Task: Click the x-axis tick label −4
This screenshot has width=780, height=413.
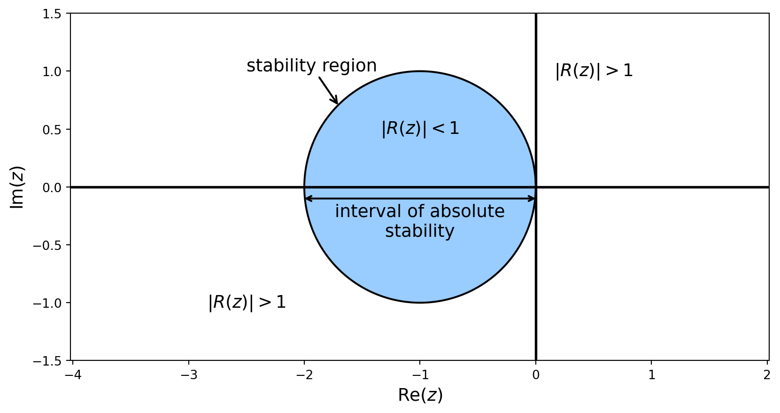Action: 73,375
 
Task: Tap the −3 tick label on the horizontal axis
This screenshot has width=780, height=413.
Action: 189,375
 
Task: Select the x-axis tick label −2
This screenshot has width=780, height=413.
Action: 304,375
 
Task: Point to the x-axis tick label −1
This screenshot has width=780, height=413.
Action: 420,375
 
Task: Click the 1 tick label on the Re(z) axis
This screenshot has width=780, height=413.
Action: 651,375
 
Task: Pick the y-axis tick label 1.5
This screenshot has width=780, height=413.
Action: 52,14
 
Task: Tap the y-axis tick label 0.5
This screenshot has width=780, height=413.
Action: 52,130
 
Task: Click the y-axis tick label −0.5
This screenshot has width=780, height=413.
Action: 47,245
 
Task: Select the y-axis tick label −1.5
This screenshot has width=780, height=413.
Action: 47,361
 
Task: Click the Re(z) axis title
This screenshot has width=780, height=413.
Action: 420,395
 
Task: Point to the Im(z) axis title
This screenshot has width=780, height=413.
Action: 16,187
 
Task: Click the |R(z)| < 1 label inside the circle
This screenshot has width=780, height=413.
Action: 421,129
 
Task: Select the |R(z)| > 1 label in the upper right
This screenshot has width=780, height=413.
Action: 594,71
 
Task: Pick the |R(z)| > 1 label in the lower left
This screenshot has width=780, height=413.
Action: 247,302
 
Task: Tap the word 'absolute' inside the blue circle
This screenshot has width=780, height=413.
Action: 467,211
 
